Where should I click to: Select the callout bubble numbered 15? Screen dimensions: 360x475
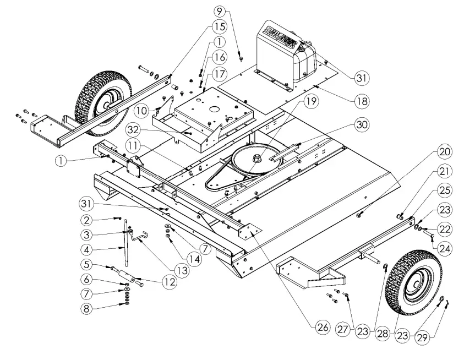tap(220, 25)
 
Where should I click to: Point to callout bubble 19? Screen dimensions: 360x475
tap(312, 101)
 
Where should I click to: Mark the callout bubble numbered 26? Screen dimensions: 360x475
tap(323, 328)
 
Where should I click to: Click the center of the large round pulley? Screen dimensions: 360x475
tap(256, 159)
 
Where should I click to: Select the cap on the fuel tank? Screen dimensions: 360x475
tap(302, 48)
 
